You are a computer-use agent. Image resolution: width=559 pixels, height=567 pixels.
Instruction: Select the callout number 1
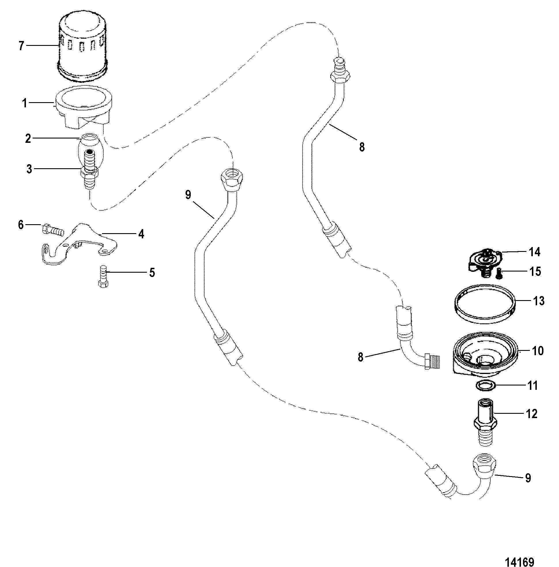coord(25,103)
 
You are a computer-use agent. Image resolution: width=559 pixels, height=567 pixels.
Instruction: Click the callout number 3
coord(29,169)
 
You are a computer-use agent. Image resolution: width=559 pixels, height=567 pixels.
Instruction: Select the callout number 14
coord(535,252)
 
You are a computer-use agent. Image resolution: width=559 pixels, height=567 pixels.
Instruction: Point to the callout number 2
coord(28,139)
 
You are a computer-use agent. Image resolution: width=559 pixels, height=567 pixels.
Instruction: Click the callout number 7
coord(21,46)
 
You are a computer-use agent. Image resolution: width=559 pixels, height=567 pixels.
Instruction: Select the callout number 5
coord(152,273)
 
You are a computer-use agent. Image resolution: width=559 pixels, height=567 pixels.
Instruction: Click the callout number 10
coord(538,351)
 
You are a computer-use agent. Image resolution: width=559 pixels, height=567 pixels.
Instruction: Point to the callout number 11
coord(532,385)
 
